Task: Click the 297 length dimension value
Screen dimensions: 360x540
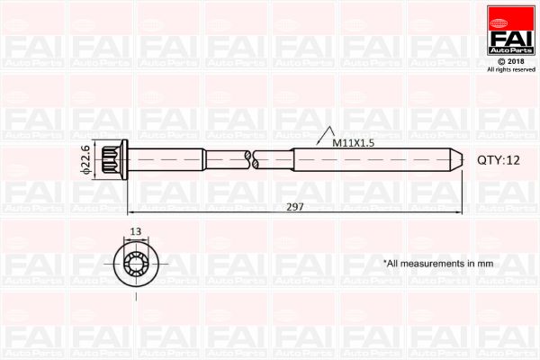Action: tap(296, 206)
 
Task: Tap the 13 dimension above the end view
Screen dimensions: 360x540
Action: tap(136, 231)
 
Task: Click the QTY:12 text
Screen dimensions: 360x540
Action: tap(499, 159)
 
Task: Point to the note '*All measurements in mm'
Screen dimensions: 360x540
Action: tap(438, 264)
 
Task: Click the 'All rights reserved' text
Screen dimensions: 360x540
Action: tap(510, 69)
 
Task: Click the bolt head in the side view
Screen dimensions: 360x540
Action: tap(113, 158)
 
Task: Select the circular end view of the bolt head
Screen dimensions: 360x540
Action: tap(136, 263)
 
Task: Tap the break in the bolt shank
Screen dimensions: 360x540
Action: tap(251, 158)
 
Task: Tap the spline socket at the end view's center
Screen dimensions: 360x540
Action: tap(136, 263)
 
